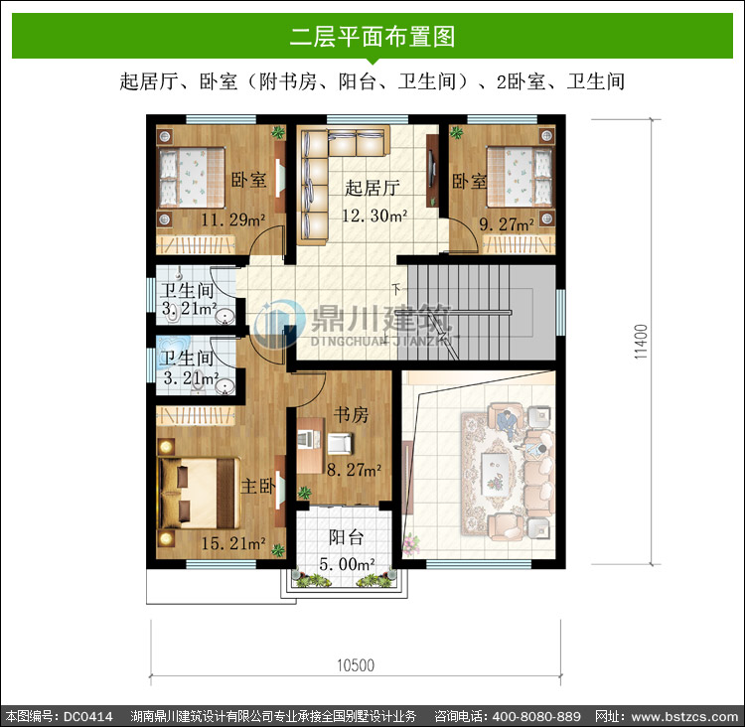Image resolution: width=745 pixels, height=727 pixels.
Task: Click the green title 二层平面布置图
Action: [x=372, y=37]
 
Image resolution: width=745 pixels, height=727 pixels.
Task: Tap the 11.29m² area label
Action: [x=232, y=219]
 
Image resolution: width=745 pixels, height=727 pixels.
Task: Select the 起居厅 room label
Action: [x=372, y=188]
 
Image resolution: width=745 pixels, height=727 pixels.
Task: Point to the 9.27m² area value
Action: [x=507, y=223]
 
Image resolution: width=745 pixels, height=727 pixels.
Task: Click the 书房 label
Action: [x=351, y=414]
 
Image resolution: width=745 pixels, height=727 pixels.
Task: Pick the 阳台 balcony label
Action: [x=347, y=537]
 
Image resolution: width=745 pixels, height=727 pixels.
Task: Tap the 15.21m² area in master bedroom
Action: [x=232, y=543]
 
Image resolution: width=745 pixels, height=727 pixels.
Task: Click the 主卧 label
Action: [x=258, y=486]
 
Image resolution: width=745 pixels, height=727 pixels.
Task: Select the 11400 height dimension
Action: [x=641, y=342]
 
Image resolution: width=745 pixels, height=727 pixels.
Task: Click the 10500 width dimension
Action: [x=356, y=665]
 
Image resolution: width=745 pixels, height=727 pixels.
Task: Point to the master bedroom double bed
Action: [x=199, y=493]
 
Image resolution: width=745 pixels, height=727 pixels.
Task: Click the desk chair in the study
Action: [x=340, y=443]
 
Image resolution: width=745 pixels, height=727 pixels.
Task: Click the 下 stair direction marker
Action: [x=396, y=288]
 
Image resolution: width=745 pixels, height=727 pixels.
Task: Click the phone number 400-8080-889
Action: [x=536, y=716]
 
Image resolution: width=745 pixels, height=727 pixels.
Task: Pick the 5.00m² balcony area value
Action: [x=347, y=564]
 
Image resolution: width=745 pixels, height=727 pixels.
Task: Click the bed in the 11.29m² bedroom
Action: [x=192, y=178]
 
